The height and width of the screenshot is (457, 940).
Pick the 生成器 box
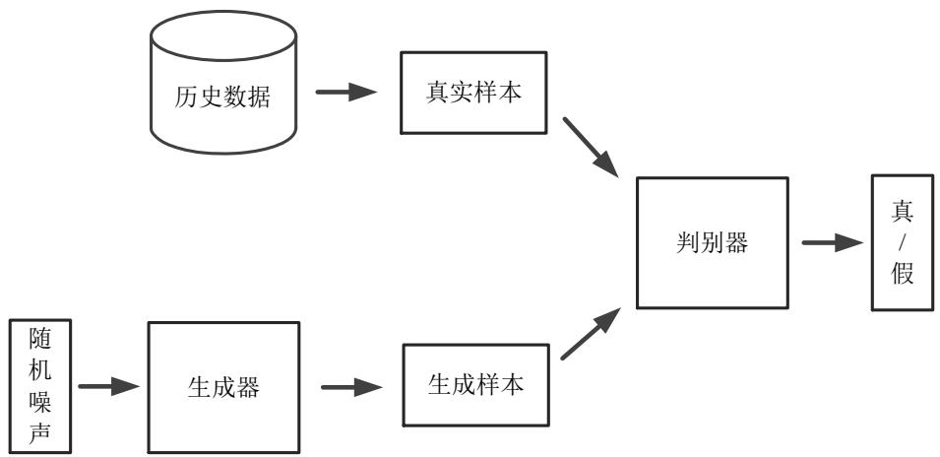pyautogui.click(x=223, y=387)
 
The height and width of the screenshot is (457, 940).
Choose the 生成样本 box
pyautogui.click(x=473, y=386)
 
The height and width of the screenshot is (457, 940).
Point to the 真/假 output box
pyautogui.click(x=903, y=242)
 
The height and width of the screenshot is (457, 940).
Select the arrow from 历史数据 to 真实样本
pyautogui.click(x=346, y=93)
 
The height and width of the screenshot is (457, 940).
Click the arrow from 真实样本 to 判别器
pyautogui.click(x=591, y=148)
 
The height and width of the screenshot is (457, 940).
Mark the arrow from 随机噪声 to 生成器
pyautogui.click(x=107, y=386)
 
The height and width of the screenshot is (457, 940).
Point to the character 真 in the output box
pyautogui.click(x=903, y=211)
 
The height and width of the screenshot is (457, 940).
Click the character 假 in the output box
pyautogui.click(x=903, y=273)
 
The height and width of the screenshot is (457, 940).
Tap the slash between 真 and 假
pyautogui.click(x=903, y=242)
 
